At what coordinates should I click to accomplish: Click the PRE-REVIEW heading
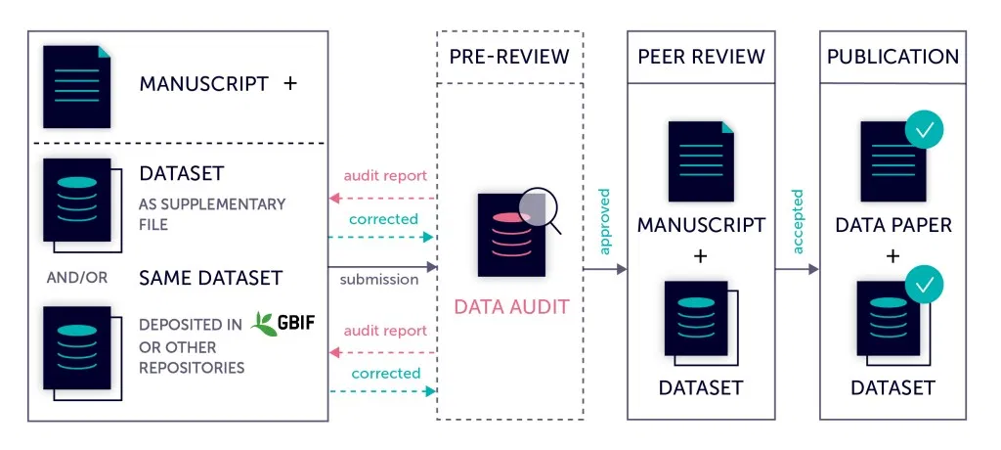click(x=508, y=56)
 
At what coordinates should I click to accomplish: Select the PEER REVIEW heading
click(x=700, y=56)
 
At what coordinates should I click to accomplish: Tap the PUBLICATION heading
click(x=892, y=56)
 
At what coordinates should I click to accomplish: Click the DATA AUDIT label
click(x=510, y=307)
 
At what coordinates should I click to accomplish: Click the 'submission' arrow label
click(x=379, y=280)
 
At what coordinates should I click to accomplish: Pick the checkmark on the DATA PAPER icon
click(x=924, y=129)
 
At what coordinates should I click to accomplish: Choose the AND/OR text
click(x=77, y=278)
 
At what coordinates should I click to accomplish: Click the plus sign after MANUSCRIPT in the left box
click(x=289, y=83)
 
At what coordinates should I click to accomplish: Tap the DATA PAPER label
click(x=892, y=226)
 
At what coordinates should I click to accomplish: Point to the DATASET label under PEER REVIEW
click(x=700, y=387)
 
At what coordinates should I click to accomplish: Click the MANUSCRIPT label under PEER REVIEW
click(x=700, y=225)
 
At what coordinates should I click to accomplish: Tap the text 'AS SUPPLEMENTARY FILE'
click(x=212, y=214)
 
